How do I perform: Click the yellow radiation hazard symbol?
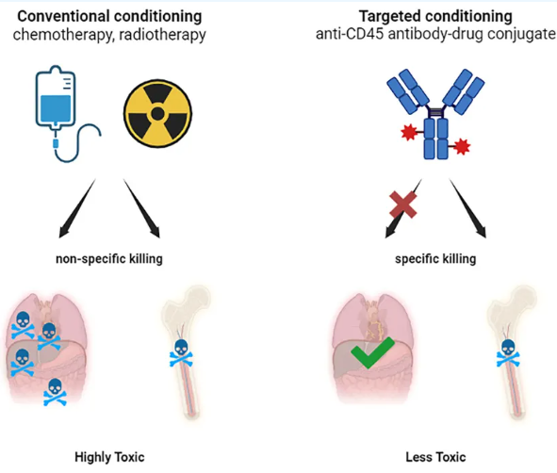tap(157, 114)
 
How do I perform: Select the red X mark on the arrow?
tap(402, 204)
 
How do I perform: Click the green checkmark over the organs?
tap(372, 352)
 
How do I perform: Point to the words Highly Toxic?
tap(109, 457)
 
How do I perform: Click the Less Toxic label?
tap(435, 457)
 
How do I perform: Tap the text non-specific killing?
tap(109, 259)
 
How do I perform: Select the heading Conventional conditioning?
tap(109, 16)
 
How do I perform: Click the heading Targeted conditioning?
tap(435, 16)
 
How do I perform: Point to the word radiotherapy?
tap(162, 35)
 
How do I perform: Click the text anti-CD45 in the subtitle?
tap(350, 34)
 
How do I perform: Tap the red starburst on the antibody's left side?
tap(408, 132)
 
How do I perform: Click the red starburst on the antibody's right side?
tap(462, 146)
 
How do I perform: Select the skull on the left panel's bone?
tap(181, 353)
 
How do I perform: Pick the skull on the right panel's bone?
tap(508, 353)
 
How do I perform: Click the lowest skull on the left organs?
tap(55, 392)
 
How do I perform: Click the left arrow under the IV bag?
tap(77, 208)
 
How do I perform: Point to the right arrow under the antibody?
tap(467, 208)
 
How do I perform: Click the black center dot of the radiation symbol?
tap(157, 114)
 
